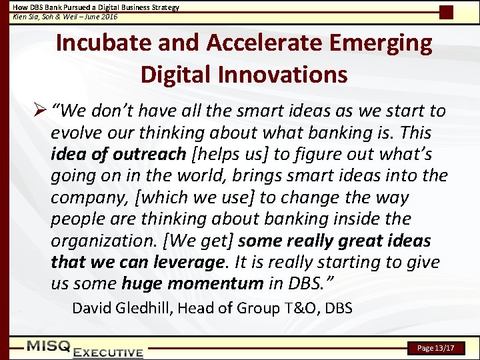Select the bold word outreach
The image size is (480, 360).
point(149,155)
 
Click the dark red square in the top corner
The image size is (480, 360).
point(446,11)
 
